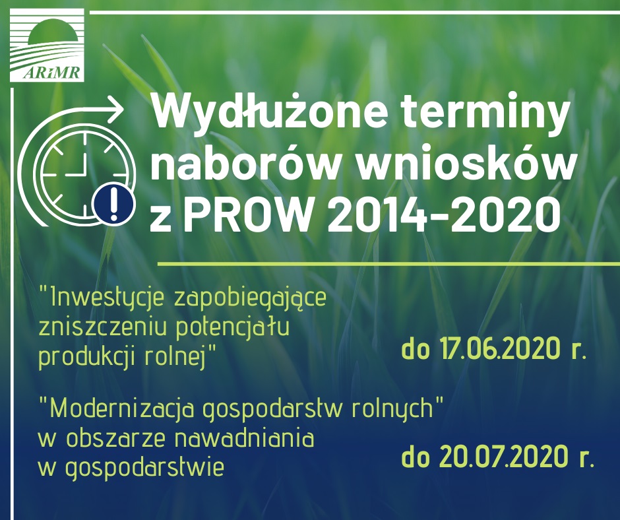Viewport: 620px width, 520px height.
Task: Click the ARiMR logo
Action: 47,45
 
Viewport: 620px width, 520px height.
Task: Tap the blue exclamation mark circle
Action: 114,204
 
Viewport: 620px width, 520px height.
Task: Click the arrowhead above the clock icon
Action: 117,110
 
